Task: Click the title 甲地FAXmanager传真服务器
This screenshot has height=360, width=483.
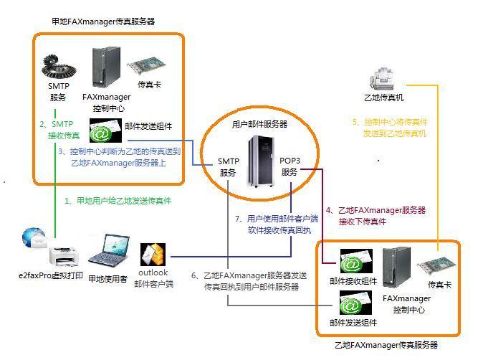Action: tap(104, 22)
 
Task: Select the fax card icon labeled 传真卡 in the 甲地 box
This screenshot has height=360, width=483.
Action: tap(148, 69)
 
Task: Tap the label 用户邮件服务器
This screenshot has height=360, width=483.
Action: tap(259, 123)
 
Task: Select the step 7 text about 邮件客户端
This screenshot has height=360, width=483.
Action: tap(266, 224)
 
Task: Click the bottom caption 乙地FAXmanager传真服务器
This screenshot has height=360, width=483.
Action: tap(387, 345)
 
